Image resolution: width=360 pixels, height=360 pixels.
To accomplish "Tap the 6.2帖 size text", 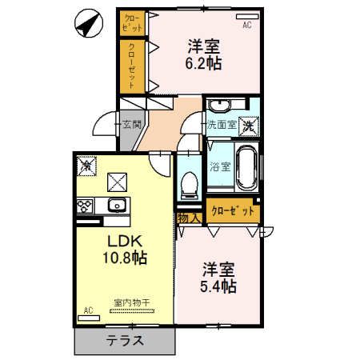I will tap(203, 63).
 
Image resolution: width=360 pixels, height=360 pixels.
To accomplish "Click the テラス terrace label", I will tap(124, 340).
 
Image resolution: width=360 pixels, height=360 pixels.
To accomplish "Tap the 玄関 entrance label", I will tap(131, 125).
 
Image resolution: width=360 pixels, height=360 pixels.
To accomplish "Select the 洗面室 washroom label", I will tap(222, 125).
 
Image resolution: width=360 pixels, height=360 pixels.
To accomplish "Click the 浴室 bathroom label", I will tap(220, 168).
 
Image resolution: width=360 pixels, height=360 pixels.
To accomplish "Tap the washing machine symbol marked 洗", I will tap(250, 124).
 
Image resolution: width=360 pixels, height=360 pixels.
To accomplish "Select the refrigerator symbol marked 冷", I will tap(86, 166).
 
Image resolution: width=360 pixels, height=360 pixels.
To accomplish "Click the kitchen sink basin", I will tap(116, 205).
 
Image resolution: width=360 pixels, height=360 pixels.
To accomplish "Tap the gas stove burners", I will tap(86, 205).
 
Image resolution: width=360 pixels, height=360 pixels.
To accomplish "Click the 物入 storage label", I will tap(188, 217).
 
